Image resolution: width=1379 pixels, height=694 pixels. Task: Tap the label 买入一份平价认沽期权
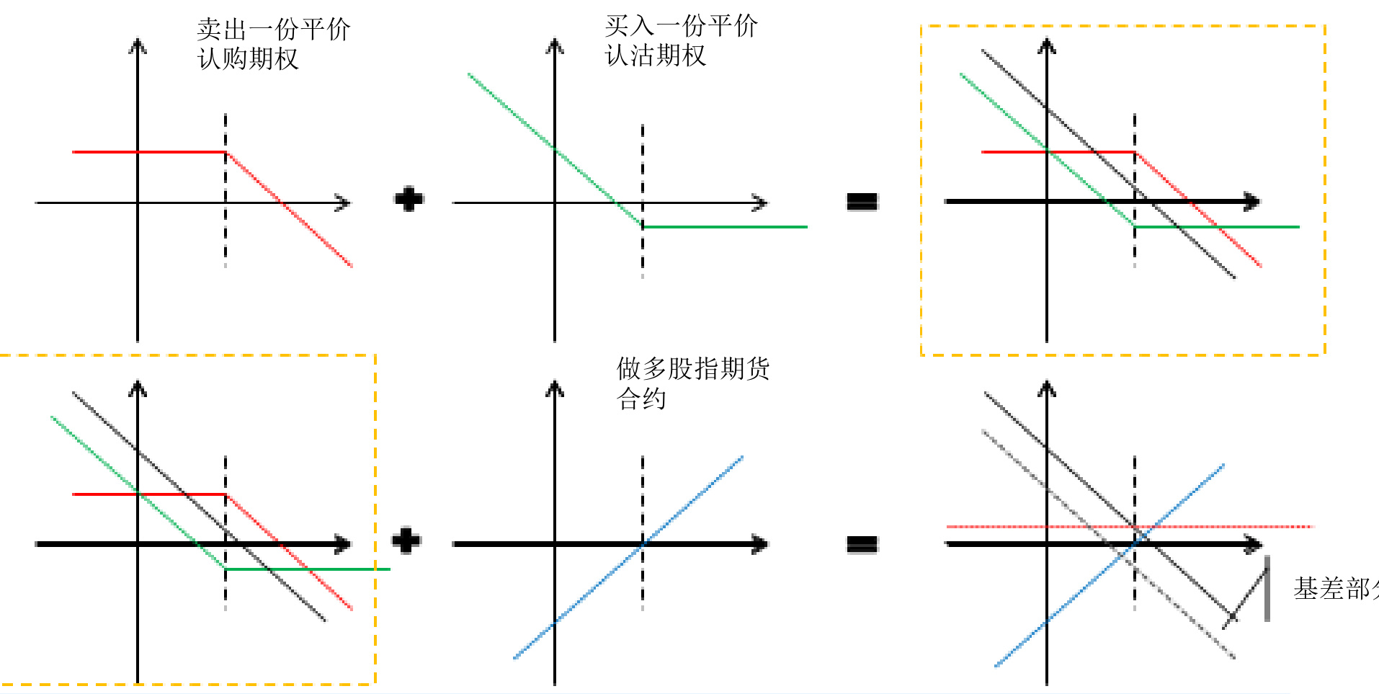click(x=680, y=41)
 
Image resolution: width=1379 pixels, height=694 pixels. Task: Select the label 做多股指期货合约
click(x=692, y=383)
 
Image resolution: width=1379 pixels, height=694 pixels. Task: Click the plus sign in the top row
click(x=409, y=199)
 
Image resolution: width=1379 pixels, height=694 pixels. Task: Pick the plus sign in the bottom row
click(x=406, y=540)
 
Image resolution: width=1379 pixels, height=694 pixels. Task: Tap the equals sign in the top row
click(x=862, y=201)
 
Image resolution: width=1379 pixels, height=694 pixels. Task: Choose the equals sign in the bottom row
click(x=862, y=543)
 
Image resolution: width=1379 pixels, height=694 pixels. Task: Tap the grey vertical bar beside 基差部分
click(x=1267, y=588)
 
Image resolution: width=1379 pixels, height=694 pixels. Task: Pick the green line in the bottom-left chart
click(x=94, y=454)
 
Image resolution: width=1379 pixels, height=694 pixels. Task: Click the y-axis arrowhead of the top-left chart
click(x=138, y=47)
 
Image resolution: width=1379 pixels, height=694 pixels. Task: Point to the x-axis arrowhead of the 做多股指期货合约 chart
click(x=759, y=544)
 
